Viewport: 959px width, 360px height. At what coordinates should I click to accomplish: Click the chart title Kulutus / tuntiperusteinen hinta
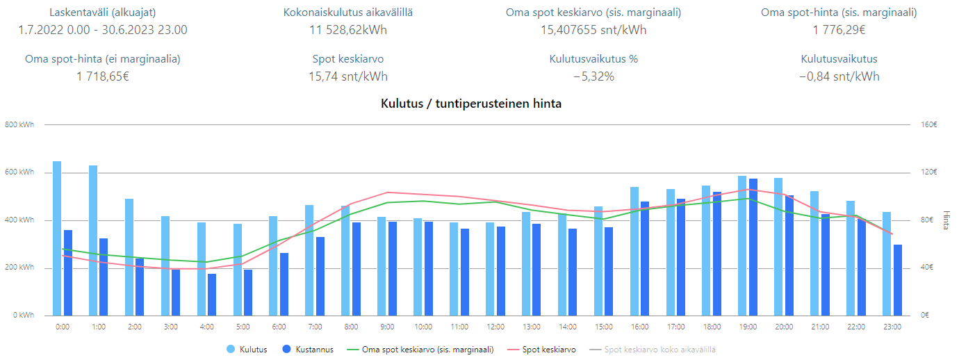pyautogui.click(x=471, y=104)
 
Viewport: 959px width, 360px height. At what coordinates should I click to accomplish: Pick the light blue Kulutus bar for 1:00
pyautogui.click(x=93, y=240)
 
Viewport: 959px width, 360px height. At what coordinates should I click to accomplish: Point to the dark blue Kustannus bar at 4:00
pyautogui.click(x=211, y=295)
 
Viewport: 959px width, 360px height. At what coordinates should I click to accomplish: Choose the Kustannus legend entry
pyautogui.click(x=311, y=350)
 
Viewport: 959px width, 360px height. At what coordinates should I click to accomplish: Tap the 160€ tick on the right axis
pyautogui.click(x=929, y=125)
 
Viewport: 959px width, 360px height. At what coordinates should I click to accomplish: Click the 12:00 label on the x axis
pyautogui.click(x=495, y=327)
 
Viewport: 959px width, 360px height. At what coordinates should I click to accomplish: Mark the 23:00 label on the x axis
pyautogui.click(x=892, y=327)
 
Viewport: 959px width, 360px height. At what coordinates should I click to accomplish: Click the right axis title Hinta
pyautogui.click(x=946, y=220)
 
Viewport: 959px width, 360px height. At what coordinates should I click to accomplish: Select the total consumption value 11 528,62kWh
pyautogui.click(x=348, y=30)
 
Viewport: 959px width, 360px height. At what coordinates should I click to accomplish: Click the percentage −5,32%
pyautogui.click(x=593, y=76)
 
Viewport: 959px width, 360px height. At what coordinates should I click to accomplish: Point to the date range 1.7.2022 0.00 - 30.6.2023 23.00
pyautogui.click(x=103, y=30)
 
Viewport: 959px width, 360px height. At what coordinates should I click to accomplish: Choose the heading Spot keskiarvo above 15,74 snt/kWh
pyautogui.click(x=348, y=59)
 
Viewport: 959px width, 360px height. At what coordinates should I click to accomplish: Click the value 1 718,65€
pyautogui.click(x=103, y=76)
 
